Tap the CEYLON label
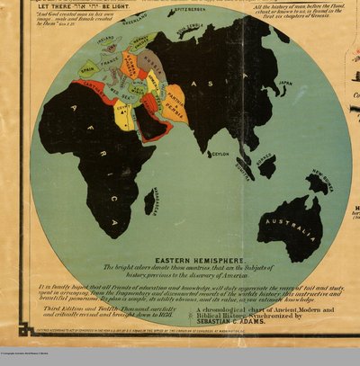point(220,154)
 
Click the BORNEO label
point(265,163)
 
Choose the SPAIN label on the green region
point(87,68)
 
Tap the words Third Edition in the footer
point(66,308)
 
